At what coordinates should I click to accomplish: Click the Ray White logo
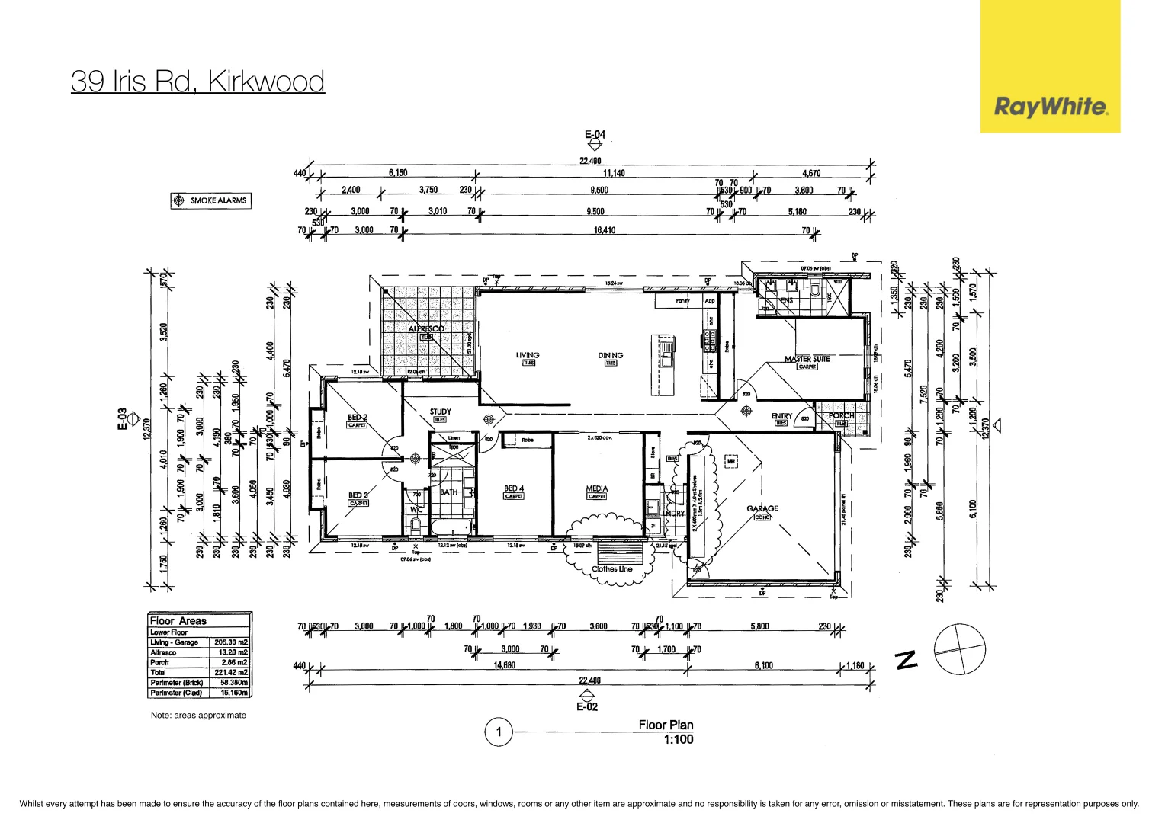pyautogui.click(x=1050, y=106)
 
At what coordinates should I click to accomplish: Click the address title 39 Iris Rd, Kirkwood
pyautogui.click(x=197, y=81)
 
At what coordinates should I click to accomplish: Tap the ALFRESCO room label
pyautogui.click(x=425, y=329)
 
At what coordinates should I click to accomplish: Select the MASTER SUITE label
pyautogui.click(x=807, y=359)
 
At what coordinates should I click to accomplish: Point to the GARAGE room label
pyautogui.click(x=762, y=508)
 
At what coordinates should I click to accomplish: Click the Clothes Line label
pyautogui.click(x=611, y=569)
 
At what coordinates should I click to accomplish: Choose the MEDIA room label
pyautogui.click(x=596, y=488)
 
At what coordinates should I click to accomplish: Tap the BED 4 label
pyautogui.click(x=514, y=488)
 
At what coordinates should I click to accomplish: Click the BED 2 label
pyautogui.click(x=357, y=418)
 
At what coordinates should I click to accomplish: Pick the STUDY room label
pyautogui.click(x=440, y=411)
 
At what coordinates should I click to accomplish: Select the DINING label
pyautogui.click(x=610, y=355)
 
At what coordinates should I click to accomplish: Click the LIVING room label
pyautogui.click(x=527, y=355)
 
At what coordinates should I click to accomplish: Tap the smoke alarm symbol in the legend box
pyautogui.click(x=179, y=200)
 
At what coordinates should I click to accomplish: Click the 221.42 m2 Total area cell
pyautogui.click(x=230, y=673)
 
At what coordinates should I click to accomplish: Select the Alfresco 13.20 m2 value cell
pyautogui.click(x=230, y=653)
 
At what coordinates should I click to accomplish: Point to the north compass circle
pyautogui.click(x=959, y=650)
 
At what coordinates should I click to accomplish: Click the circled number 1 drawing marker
pyautogui.click(x=499, y=732)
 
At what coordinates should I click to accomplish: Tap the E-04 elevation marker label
pyautogui.click(x=595, y=135)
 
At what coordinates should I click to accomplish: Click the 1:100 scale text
pyautogui.click(x=678, y=739)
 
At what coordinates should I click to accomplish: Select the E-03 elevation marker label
pyautogui.click(x=122, y=419)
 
